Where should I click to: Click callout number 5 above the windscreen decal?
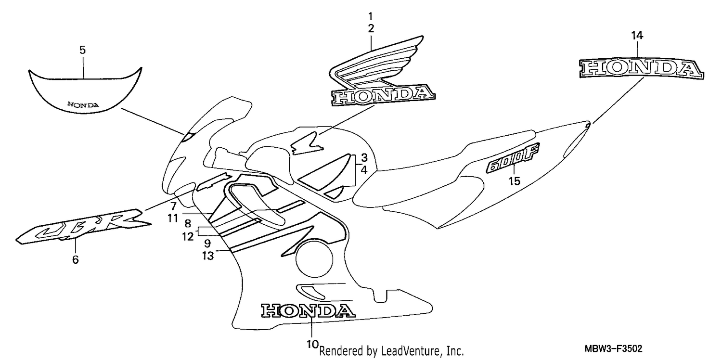click(82, 50)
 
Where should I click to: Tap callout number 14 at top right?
click(637, 35)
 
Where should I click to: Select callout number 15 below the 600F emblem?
click(515, 181)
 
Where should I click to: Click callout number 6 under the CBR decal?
click(76, 259)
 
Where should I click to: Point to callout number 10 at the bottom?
click(312, 344)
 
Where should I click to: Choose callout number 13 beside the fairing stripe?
click(208, 256)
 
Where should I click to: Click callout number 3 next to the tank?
click(364, 157)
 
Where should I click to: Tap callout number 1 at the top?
click(371, 16)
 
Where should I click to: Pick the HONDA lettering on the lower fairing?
click(308, 310)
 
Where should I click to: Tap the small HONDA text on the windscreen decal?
click(83, 105)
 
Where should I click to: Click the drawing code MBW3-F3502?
click(613, 348)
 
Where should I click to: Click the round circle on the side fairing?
click(314, 259)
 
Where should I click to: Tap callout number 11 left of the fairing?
click(173, 218)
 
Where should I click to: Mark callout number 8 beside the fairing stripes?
click(188, 223)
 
